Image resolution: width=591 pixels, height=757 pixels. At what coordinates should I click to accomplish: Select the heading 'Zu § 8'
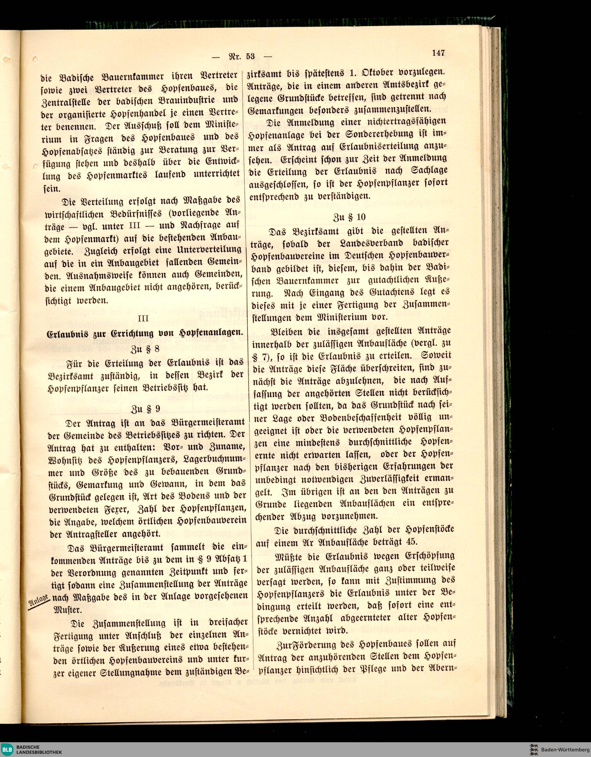145,348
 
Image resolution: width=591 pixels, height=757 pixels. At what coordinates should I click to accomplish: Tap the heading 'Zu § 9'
145,409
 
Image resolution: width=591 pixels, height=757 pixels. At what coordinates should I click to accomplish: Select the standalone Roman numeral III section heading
143,319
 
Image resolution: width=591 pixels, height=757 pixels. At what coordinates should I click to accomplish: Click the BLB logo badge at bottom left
7,749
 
